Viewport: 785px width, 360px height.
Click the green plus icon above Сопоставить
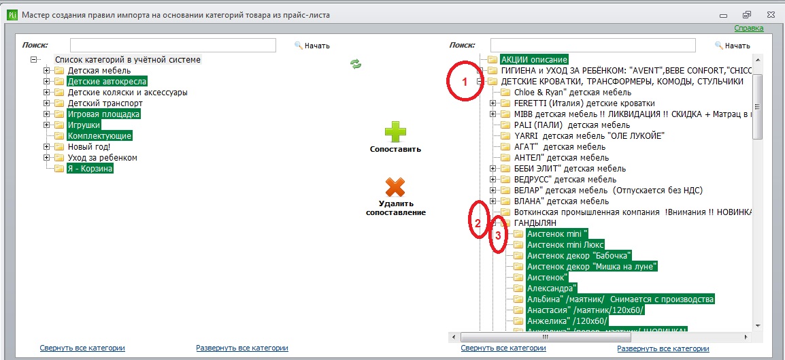click(x=395, y=133)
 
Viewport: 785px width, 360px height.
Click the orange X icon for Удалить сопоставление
click(x=395, y=187)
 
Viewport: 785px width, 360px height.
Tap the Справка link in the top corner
click(x=749, y=29)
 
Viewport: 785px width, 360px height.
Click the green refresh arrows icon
click(x=356, y=63)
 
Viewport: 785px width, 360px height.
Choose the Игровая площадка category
click(x=103, y=114)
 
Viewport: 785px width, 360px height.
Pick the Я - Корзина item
click(x=90, y=169)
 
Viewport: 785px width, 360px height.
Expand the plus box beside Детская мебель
click(x=47, y=71)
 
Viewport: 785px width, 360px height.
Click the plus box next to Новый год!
click(x=47, y=147)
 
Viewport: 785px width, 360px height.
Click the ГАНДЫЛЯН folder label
click(x=535, y=223)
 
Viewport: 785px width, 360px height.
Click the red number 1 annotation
click(x=465, y=82)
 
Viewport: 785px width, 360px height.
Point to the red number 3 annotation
click(x=498, y=234)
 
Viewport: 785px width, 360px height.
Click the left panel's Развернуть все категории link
click(x=241, y=348)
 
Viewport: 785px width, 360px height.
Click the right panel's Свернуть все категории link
click(x=503, y=348)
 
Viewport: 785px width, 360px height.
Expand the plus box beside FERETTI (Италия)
click(x=492, y=103)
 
